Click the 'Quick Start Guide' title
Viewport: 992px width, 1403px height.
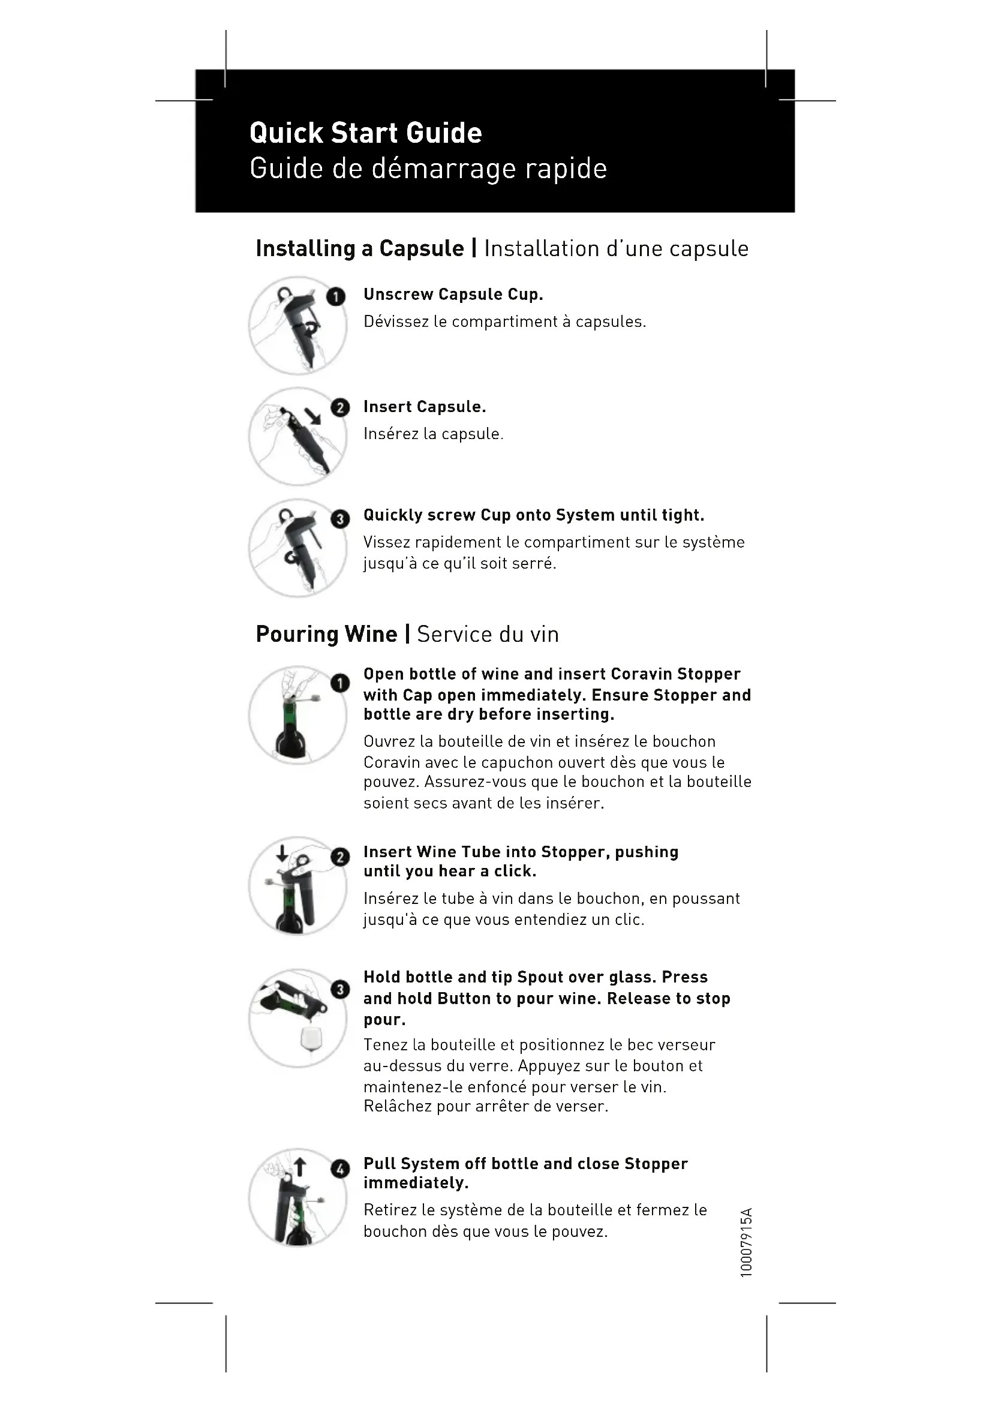click(x=365, y=133)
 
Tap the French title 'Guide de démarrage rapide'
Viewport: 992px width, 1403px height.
click(x=428, y=169)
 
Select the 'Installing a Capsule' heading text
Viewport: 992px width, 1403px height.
click(x=360, y=249)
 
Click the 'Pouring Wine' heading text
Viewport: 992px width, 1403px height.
click(x=326, y=634)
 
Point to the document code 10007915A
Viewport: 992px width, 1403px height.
click(x=746, y=1242)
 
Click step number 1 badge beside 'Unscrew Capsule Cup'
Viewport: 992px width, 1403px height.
click(x=335, y=297)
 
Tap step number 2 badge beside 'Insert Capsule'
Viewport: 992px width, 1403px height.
click(x=339, y=407)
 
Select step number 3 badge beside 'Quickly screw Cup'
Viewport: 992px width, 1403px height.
click(x=339, y=519)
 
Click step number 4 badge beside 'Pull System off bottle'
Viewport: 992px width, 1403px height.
click(x=339, y=1169)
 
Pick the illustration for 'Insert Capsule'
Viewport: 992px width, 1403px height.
click(x=297, y=436)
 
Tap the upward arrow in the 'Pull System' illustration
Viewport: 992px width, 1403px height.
click(x=299, y=1168)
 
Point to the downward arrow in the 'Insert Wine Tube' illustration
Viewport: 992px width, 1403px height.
click(x=282, y=853)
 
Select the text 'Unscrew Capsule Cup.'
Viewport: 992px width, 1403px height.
click(x=453, y=295)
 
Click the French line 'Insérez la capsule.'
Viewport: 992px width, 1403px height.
click(x=433, y=434)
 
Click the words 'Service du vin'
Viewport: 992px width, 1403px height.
click(x=488, y=634)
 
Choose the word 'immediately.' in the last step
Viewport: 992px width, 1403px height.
click(x=416, y=1183)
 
